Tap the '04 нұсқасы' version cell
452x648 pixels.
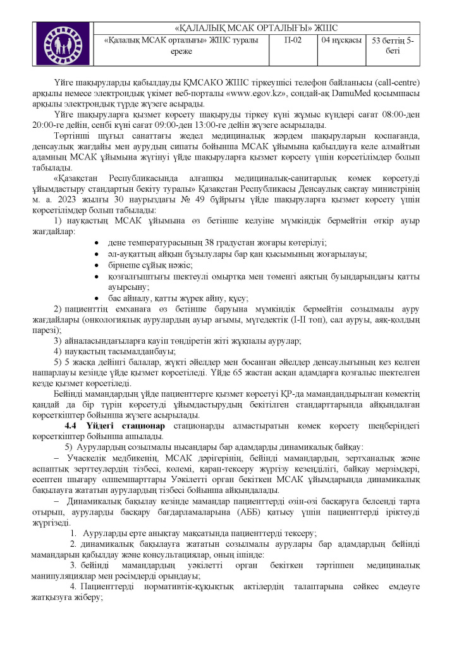click(x=341, y=40)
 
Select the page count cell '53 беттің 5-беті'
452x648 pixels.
click(x=393, y=46)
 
